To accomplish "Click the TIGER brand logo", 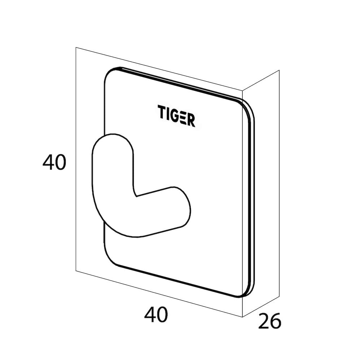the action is [177, 116].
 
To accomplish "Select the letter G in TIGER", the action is [174, 116].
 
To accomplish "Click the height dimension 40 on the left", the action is [55, 162].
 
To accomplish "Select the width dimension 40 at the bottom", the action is [156, 314].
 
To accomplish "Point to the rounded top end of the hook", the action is [113, 134].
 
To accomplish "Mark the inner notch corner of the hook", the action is [137, 196].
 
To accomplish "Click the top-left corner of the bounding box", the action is [76, 47].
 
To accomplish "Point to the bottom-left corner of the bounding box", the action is [76, 271].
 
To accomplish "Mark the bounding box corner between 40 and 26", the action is [243, 317].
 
